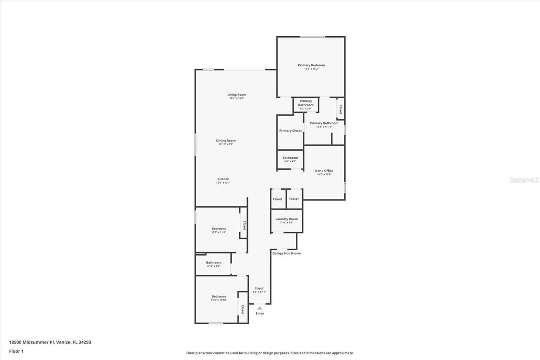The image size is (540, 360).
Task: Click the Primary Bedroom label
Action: click(x=311, y=65)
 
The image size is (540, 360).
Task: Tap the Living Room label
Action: click(x=237, y=95)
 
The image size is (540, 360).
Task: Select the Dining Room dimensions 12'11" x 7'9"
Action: click(x=226, y=144)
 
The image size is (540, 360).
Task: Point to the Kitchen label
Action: click(x=223, y=179)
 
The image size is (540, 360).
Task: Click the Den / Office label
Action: click(x=324, y=171)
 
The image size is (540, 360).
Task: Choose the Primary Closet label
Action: click(x=290, y=131)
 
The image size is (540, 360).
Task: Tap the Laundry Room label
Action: click(x=286, y=219)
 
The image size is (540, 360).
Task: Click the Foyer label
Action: click(x=259, y=288)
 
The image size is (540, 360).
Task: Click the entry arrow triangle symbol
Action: click(x=260, y=308)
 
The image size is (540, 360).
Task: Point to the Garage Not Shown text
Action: click(x=286, y=253)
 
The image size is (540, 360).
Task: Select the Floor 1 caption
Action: click(x=16, y=351)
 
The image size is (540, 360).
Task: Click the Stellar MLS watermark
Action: click(x=524, y=180)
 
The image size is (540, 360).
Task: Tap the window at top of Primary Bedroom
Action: click(x=313, y=37)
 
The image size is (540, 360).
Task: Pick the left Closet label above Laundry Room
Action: click(x=278, y=199)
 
